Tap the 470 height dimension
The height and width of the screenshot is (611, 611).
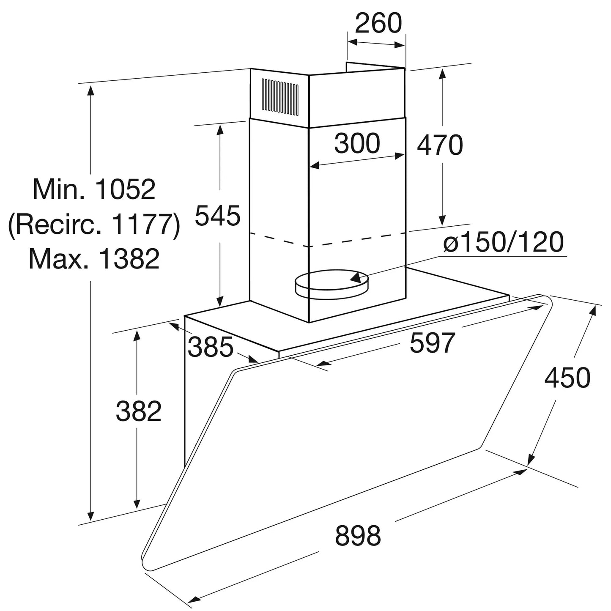coord(440,145)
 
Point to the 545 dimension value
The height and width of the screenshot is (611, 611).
coord(218,216)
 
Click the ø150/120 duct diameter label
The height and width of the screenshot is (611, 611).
coord(503,242)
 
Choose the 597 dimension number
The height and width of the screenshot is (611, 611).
coord(432,342)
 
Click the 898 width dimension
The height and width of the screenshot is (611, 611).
coord(358,536)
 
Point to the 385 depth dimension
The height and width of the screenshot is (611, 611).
coord(210,348)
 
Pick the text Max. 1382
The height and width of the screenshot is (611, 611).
coord(94,259)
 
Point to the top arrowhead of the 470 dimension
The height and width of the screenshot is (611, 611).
coord(442,74)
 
